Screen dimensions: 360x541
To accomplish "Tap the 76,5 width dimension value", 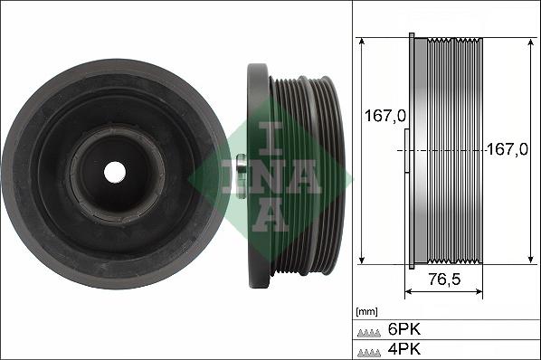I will [443, 279].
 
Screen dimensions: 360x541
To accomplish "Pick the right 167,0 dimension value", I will [507, 149].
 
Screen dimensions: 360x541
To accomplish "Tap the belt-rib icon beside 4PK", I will [369, 350].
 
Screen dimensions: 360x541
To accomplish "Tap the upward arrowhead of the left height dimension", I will [361, 42].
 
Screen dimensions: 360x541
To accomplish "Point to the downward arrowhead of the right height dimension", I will [528, 260].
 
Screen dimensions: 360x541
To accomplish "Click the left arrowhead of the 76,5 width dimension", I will [408, 292].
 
